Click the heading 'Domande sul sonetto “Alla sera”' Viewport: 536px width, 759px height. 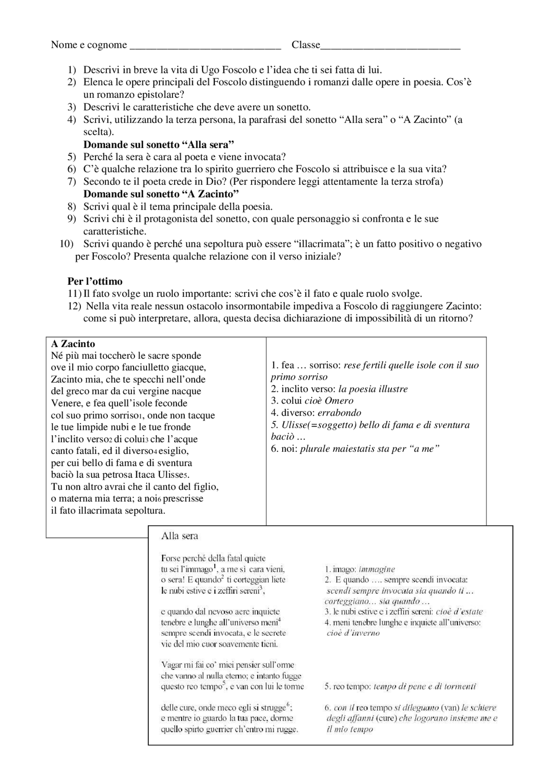pos(159,145)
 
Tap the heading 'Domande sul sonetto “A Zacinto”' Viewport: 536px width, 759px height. pos(161,194)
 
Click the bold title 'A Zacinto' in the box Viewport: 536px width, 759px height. pos(73,344)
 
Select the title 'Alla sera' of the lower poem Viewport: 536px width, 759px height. pos(180,536)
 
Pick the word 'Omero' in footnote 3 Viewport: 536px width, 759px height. pos(339,401)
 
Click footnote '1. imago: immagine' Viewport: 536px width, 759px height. pos(360,569)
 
